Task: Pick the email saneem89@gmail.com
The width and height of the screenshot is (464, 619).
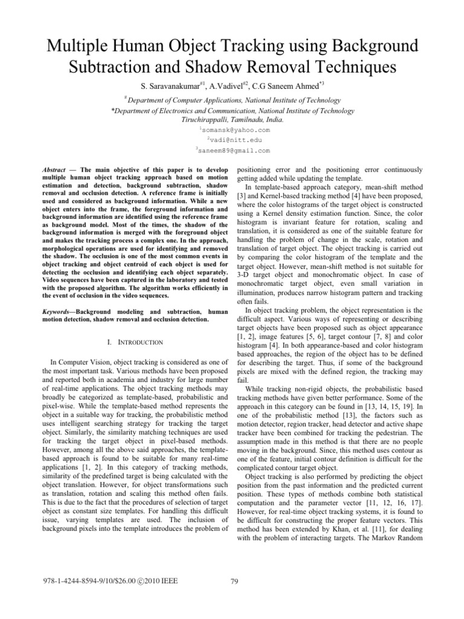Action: point(234,150)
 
